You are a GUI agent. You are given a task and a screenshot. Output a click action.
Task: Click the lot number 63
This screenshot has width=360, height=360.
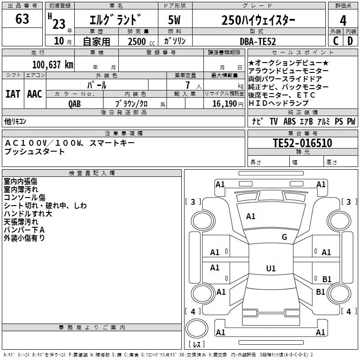point(22,19)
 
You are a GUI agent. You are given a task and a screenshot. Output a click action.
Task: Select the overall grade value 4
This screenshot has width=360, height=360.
point(343,20)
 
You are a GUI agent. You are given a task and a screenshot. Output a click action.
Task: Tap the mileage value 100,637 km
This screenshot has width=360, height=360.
point(53,65)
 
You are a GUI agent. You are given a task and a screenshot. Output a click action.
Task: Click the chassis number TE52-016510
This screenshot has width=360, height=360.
point(302,143)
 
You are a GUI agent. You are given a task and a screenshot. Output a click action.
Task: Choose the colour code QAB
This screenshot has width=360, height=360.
point(75,103)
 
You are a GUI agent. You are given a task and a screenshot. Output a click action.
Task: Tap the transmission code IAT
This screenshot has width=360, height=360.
point(13,94)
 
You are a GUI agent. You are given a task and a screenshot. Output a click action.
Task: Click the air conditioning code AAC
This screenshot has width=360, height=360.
point(35,94)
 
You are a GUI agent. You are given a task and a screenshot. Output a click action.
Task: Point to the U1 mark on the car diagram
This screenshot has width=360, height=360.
point(270,268)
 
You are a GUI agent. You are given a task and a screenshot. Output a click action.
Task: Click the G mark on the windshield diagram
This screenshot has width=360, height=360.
point(284,237)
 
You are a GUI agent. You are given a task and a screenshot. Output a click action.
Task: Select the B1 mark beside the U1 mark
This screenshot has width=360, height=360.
point(327,279)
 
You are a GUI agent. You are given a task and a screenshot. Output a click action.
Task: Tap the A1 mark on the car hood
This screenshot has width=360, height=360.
point(251,216)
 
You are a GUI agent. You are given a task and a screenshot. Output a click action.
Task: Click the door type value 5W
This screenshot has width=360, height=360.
point(175,20)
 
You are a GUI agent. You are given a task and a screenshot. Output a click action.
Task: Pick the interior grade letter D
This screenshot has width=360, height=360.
point(350,41)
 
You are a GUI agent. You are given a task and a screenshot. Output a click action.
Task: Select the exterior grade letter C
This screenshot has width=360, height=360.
point(336,41)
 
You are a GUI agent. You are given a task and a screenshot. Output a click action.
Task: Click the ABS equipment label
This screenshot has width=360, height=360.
point(289,121)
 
